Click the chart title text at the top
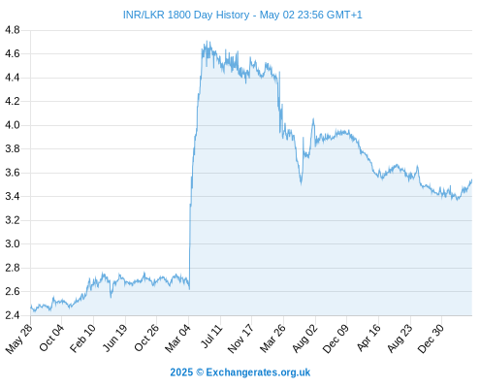pyautogui.click(x=242, y=15)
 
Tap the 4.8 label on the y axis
pyautogui.click(x=13, y=30)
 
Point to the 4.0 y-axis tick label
pyautogui.click(x=13, y=125)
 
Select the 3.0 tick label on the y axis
pyautogui.click(x=13, y=244)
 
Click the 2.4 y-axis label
pyautogui.click(x=13, y=315)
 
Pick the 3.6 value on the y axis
pyautogui.click(x=13, y=173)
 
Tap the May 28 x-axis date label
pyautogui.click(x=19, y=338)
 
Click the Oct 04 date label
pyautogui.click(x=51, y=338)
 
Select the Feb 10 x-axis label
pyautogui.click(x=83, y=338)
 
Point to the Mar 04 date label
pyautogui.click(x=178, y=338)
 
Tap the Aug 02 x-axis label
pyautogui.click(x=304, y=338)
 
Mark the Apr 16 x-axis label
pyautogui.click(x=368, y=338)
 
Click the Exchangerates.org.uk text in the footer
pyautogui.click(x=258, y=372)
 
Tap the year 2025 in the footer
pyautogui.click(x=181, y=372)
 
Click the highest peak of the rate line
pyautogui.click(x=207, y=41)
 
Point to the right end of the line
pyautogui.click(x=472, y=179)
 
